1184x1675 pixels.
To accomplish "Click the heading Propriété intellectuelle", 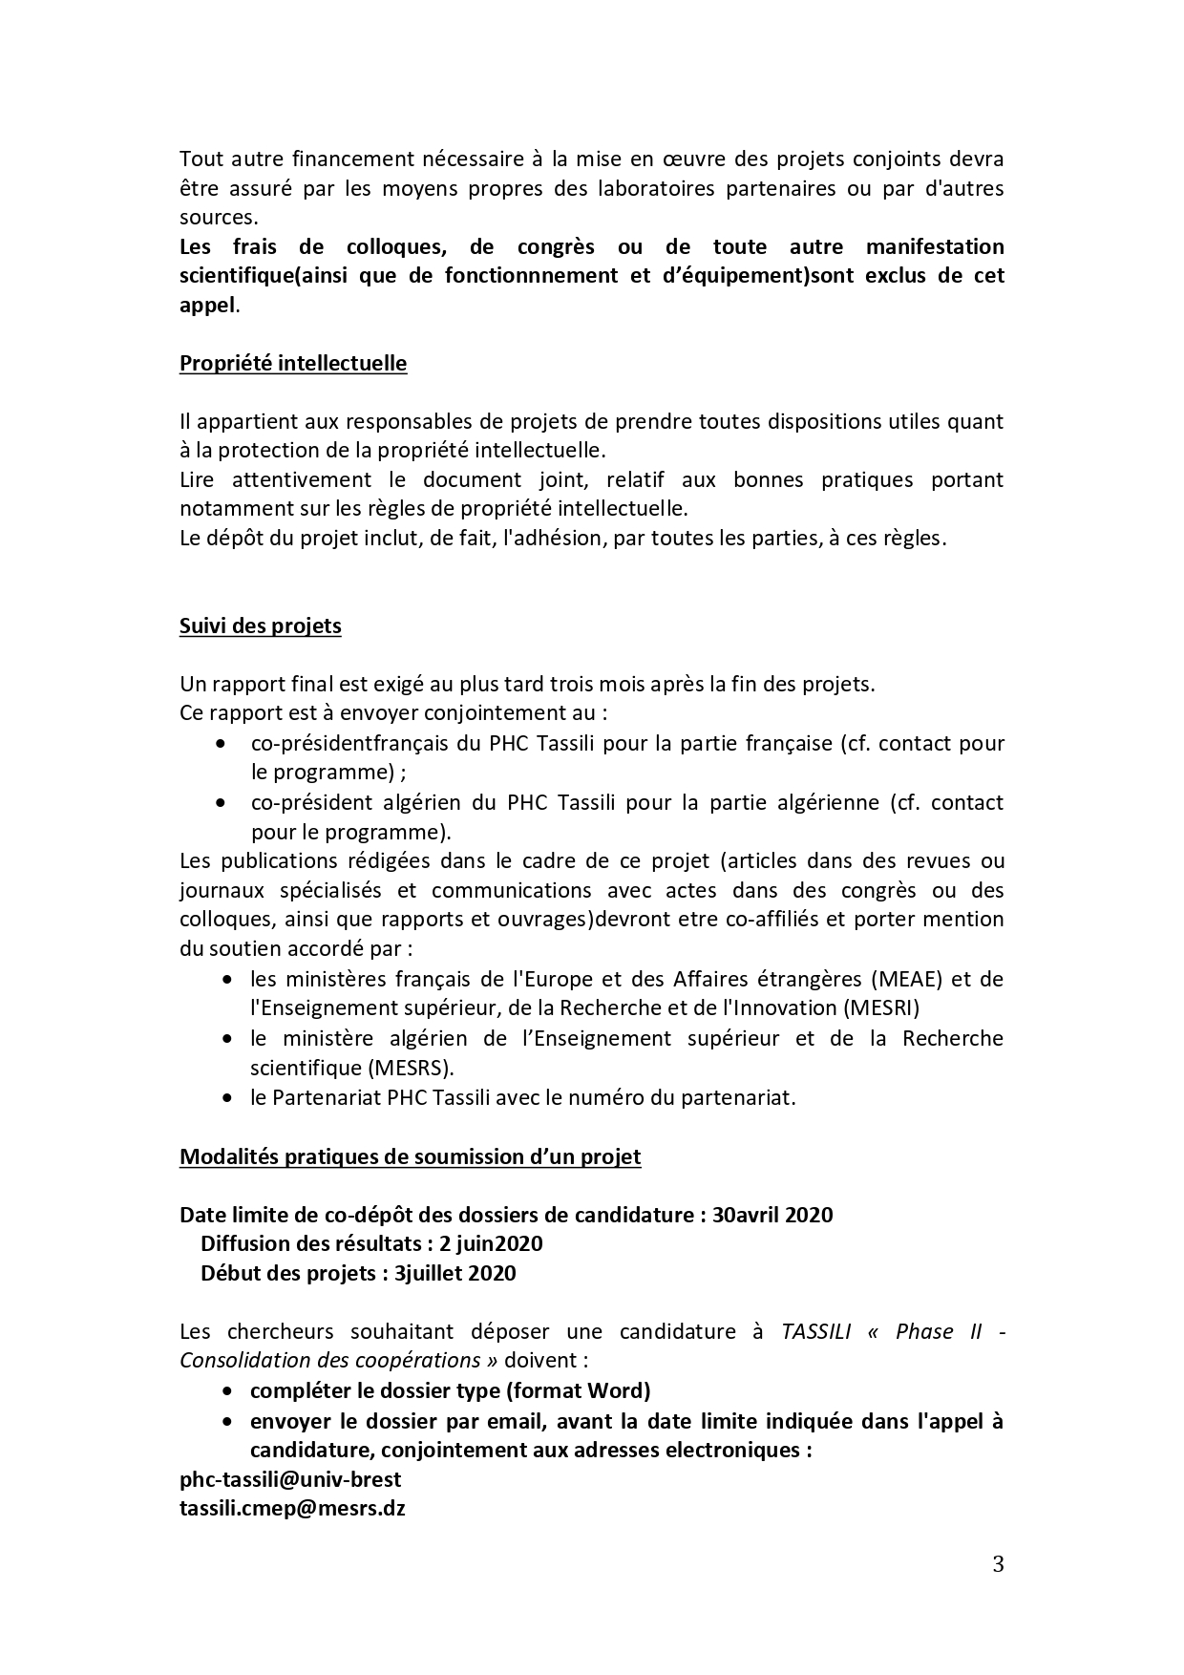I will pyautogui.click(x=293, y=364).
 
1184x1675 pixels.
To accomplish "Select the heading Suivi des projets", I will pyautogui.click(x=260, y=626).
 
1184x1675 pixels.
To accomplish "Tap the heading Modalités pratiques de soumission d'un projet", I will pyautogui.click(x=410, y=1157).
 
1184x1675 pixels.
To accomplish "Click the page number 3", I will pyautogui.click(x=998, y=1564).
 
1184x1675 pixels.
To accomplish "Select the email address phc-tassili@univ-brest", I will pyautogui.click(x=290, y=1480).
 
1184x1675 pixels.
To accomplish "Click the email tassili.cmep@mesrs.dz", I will pyautogui.click(x=292, y=1510).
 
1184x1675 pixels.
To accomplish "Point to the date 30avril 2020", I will pyautogui.click(x=772, y=1216).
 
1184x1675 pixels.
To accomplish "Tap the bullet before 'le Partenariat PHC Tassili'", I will pyautogui.click(x=226, y=1098).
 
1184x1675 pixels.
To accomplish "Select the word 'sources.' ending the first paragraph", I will pyautogui.click(x=219, y=218).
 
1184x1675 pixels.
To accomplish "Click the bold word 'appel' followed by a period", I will pyautogui.click(x=206, y=306).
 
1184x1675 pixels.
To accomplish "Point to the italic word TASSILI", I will pyautogui.click(x=815, y=1332).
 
